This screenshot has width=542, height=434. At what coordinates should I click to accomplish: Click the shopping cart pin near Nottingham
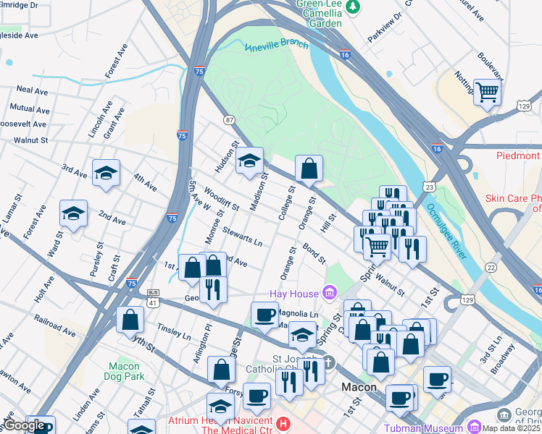(487, 91)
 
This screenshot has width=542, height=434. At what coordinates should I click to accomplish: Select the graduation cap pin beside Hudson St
(249, 161)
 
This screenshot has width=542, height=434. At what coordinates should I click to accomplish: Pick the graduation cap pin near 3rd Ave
(106, 173)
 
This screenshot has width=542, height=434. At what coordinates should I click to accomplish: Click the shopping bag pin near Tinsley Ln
(129, 319)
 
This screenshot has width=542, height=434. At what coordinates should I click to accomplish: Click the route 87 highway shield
(229, 120)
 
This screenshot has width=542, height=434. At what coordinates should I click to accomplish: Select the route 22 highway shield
(491, 267)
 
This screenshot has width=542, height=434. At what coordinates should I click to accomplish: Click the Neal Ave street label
(32, 90)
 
